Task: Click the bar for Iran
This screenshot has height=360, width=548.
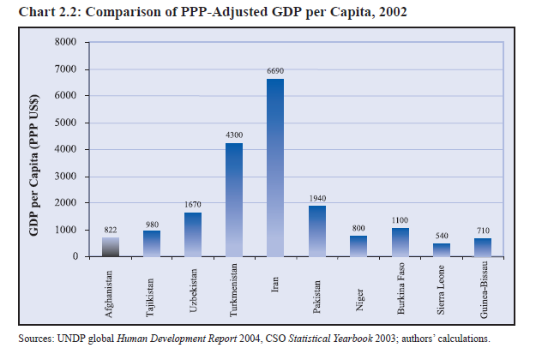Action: [275, 167]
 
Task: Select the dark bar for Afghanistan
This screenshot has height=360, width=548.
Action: [110, 247]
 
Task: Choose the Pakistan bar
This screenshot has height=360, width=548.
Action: [316, 231]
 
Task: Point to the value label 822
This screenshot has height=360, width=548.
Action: [110, 231]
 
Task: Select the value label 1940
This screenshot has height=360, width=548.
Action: [316, 199]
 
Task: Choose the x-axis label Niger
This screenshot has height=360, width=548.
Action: [358, 278]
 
